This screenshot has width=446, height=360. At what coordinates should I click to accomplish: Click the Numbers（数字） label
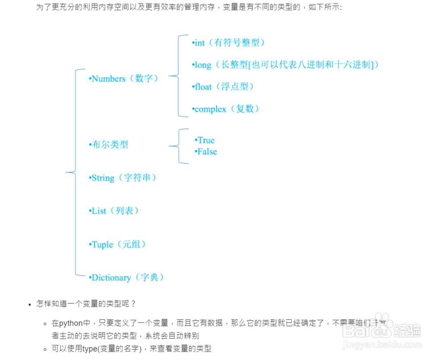pos(124,79)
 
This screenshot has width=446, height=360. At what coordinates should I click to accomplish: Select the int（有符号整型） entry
pos(229,43)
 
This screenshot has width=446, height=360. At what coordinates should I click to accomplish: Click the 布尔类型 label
pos(109,145)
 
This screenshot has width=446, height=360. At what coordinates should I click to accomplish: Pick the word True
pos(205,140)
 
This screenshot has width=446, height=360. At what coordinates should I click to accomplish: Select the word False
pos(206,152)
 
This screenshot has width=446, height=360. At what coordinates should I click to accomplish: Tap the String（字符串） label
pos(123,178)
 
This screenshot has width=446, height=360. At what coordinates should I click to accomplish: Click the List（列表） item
pos(114,211)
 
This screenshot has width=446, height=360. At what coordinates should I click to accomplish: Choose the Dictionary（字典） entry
pos(127,277)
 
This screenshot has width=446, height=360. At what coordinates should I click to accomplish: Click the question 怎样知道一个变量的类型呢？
pos(86,304)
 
